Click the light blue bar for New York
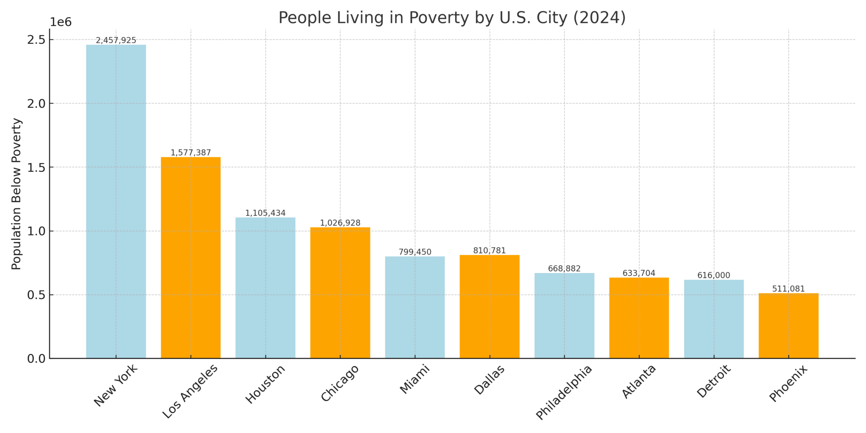pyautogui.click(x=116, y=202)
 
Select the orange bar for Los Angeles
pyautogui.click(x=191, y=258)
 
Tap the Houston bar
pyautogui.click(x=265, y=288)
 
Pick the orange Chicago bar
pyautogui.click(x=340, y=293)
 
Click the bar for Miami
pyautogui.click(x=415, y=307)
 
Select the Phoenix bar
pyautogui.click(x=788, y=326)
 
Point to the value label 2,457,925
pyautogui.click(x=116, y=41)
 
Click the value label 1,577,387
pyautogui.click(x=191, y=153)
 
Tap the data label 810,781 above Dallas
pyautogui.click(x=489, y=251)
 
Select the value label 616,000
pyautogui.click(x=713, y=275)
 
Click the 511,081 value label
pyautogui.click(x=788, y=289)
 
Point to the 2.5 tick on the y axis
pyautogui.click(x=37, y=40)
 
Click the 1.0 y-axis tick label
pyautogui.click(x=37, y=231)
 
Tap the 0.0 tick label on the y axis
pyautogui.click(x=37, y=359)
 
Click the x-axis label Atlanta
pyautogui.click(x=639, y=381)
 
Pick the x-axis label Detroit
pyautogui.click(x=714, y=381)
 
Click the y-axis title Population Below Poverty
pyautogui.click(x=16, y=194)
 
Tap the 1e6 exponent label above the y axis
pyautogui.click(x=61, y=22)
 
